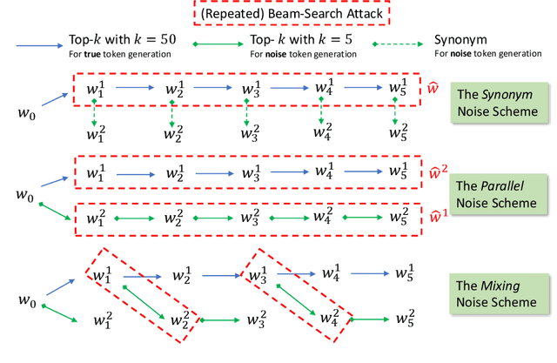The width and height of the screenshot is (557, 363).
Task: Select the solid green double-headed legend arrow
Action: [217, 44]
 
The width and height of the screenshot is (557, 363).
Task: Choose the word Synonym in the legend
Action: [460, 42]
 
